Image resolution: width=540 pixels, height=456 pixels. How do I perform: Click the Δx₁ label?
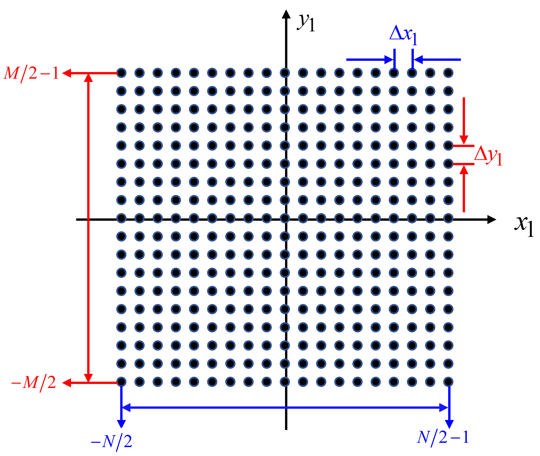pyautogui.click(x=404, y=35)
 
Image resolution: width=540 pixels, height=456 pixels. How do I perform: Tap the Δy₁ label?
pyautogui.click(x=488, y=156)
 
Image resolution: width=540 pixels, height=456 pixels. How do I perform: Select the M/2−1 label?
pyautogui.click(x=31, y=73)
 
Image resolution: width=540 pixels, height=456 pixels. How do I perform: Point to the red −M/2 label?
pyautogui.click(x=34, y=383)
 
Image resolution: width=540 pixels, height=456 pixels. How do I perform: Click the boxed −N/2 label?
pyautogui.click(x=112, y=442)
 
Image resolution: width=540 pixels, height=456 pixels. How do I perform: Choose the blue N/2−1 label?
pyautogui.click(x=443, y=437)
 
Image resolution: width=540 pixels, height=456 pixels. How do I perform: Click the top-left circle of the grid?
pyautogui.click(x=122, y=73)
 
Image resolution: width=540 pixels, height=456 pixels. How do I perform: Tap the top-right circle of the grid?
pyautogui.click(x=448, y=73)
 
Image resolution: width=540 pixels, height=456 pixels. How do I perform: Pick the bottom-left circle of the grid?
pyautogui.click(x=122, y=382)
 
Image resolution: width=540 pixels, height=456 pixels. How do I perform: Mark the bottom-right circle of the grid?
pyautogui.click(x=448, y=382)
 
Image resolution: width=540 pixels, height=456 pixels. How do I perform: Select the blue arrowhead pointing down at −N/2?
pyautogui.click(x=122, y=424)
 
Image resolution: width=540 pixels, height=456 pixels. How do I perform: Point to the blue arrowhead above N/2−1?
pyautogui.click(x=449, y=424)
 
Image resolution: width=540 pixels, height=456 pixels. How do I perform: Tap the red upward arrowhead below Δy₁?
pyautogui.click(x=464, y=170)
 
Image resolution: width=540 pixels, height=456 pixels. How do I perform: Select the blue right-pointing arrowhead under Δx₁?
pyautogui.click(x=389, y=60)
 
